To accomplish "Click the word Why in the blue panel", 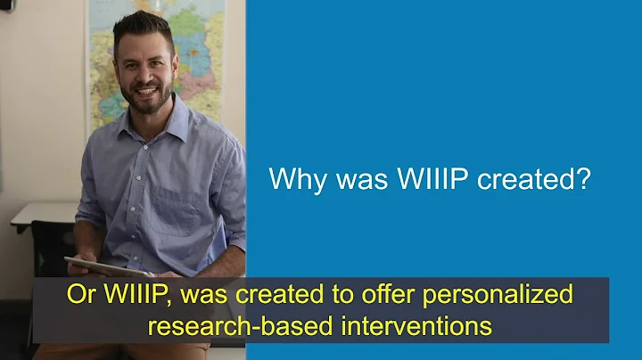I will tap(292, 179).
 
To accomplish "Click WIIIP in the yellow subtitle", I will tap(141, 294).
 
